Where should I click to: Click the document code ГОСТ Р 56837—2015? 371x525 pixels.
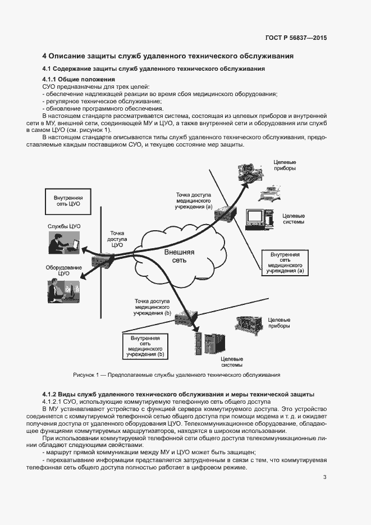click(296, 38)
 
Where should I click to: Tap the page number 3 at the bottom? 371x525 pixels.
click(324, 477)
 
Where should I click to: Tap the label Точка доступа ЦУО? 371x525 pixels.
click(117, 239)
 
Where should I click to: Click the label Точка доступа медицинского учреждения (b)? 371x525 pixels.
click(152, 307)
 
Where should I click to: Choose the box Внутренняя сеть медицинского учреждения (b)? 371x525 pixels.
click(145, 346)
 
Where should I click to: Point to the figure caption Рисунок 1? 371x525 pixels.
click(185, 375)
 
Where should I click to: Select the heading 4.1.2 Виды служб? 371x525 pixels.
click(178, 394)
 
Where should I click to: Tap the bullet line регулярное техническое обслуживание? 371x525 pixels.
click(103, 101)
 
